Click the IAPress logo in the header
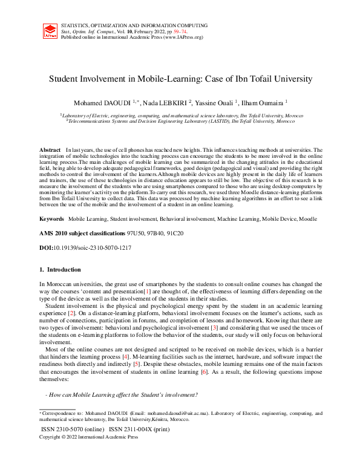click(51, 31)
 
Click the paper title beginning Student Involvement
click(180, 79)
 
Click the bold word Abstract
click(50, 149)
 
